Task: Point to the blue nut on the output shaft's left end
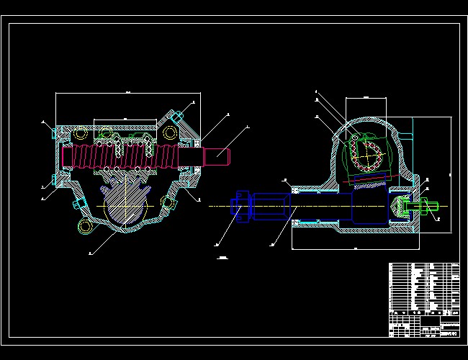click(x=240, y=206)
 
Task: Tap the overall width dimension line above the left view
click(x=127, y=94)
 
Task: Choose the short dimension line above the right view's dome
click(x=366, y=98)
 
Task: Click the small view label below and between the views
click(x=222, y=257)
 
